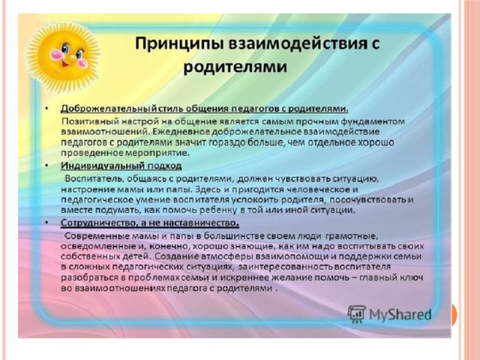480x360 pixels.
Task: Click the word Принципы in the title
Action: [x=179, y=44]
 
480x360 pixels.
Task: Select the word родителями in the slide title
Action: [x=235, y=67]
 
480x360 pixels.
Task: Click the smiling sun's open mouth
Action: [x=65, y=64]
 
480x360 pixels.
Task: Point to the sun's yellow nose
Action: [x=72, y=57]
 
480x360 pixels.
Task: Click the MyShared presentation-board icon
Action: [x=356, y=313]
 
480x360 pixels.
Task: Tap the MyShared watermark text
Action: [x=400, y=314]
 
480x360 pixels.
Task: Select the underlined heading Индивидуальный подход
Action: [x=121, y=166]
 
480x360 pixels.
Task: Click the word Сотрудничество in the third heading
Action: [x=98, y=223]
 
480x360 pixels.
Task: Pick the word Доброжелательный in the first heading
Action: [x=109, y=109]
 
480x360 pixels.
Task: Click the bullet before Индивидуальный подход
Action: [x=46, y=166]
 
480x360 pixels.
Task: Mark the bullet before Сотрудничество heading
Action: [x=46, y=223]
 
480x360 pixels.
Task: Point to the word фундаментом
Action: [x=373, y=121]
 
